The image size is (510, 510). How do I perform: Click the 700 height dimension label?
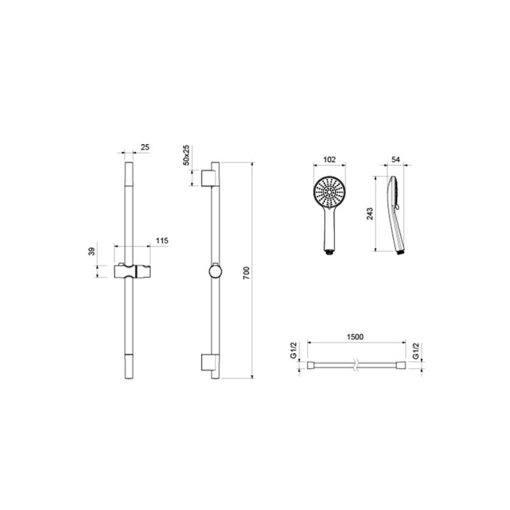pyautogui.click(x=246, y=273)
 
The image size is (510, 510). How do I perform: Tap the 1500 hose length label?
pyautogui.click(x=355, y=337)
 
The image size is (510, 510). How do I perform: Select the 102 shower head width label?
pyautogui.click(x=330, y=159)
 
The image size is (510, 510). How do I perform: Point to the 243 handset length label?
pyautogui.click(x=370, y=214)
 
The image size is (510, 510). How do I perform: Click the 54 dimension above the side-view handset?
pyautogui.click(x=395, y=159)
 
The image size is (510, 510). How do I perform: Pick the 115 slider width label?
pyautogui.click(x=162, y=241)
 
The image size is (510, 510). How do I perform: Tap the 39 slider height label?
pyautogui.click(x=92, y=251)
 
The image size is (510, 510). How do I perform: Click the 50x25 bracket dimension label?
pyautogui.click(x=186, y=155)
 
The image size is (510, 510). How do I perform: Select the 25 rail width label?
pyautogui.click(x=145, y=147)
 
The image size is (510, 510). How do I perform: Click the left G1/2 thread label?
pyautogui.click(x=293, y=351)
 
